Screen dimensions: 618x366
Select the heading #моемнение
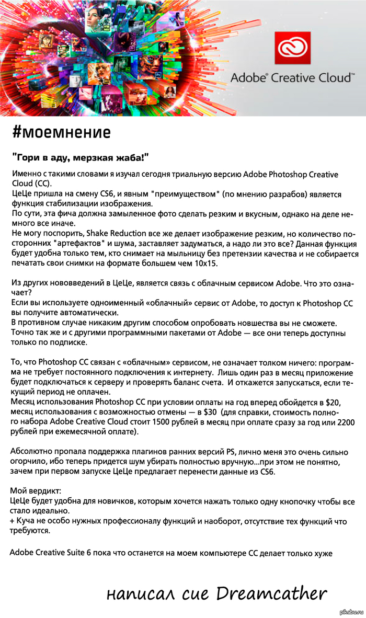pos(61,132)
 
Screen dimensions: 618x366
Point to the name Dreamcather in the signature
pos(271,593)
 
